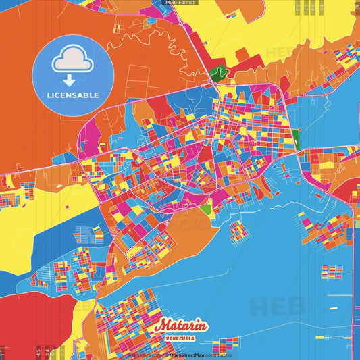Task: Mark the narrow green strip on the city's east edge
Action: click(297, 138)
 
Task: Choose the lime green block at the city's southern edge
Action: click(205, 210)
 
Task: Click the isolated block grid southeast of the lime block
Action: click(238, 230)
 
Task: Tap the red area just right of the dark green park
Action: click(239, 68)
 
